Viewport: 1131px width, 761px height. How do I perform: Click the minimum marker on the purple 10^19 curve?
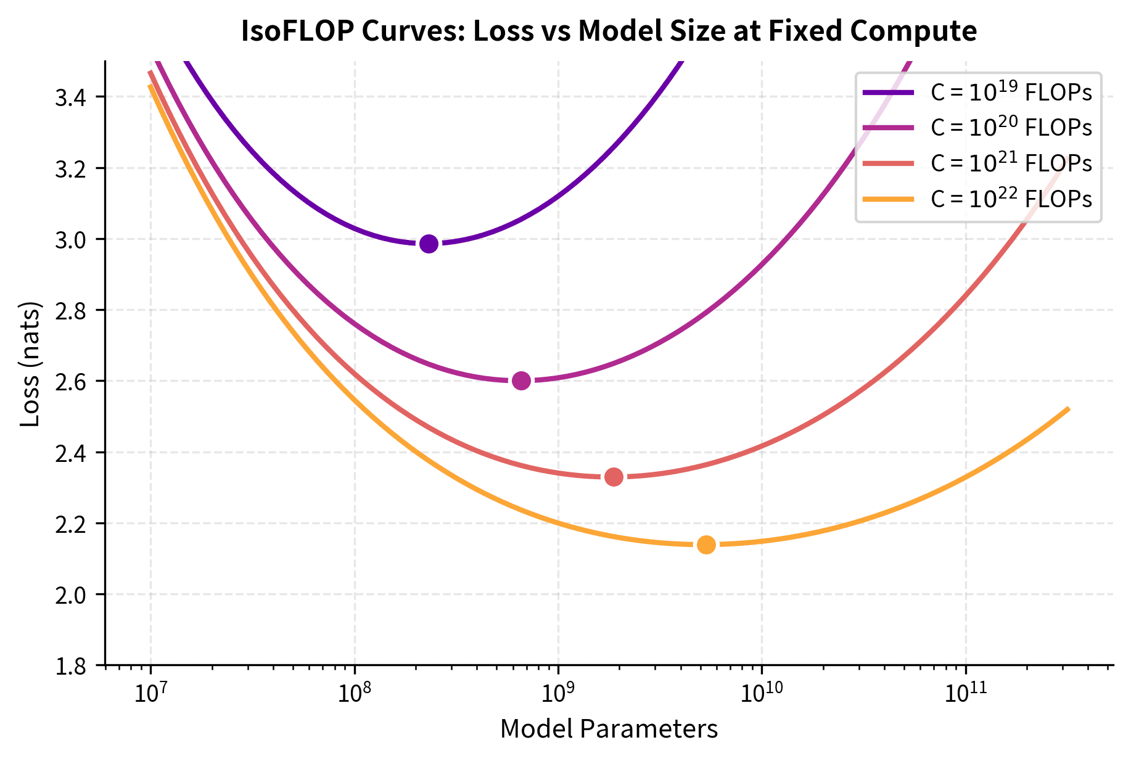click(x=429, y=244)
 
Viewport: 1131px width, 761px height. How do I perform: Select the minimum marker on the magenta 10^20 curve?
click(x=521, y=380)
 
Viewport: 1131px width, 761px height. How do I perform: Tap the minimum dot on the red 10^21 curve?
click(x=614, y=477)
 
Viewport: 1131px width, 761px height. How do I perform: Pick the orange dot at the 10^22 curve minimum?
click(x=706, y=545)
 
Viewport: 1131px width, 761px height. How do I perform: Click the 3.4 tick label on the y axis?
click(x=70, y=97)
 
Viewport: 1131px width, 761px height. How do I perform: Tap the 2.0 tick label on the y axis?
click(x=70, y=595)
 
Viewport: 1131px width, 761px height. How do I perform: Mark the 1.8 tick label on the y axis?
click(x=70, y=666)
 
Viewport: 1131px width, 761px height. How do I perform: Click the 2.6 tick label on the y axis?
click(x=70, y=382)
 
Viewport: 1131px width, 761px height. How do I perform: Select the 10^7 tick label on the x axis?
click(x=150, y=692)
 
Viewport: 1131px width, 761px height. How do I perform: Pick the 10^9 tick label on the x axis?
click(x=558, y=692)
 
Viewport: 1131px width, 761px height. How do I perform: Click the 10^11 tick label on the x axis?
click(x=966, y=692)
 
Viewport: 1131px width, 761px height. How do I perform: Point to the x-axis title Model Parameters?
click(x=609, y=730)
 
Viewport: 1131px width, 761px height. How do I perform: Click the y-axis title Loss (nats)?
click(x=30, y=364)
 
